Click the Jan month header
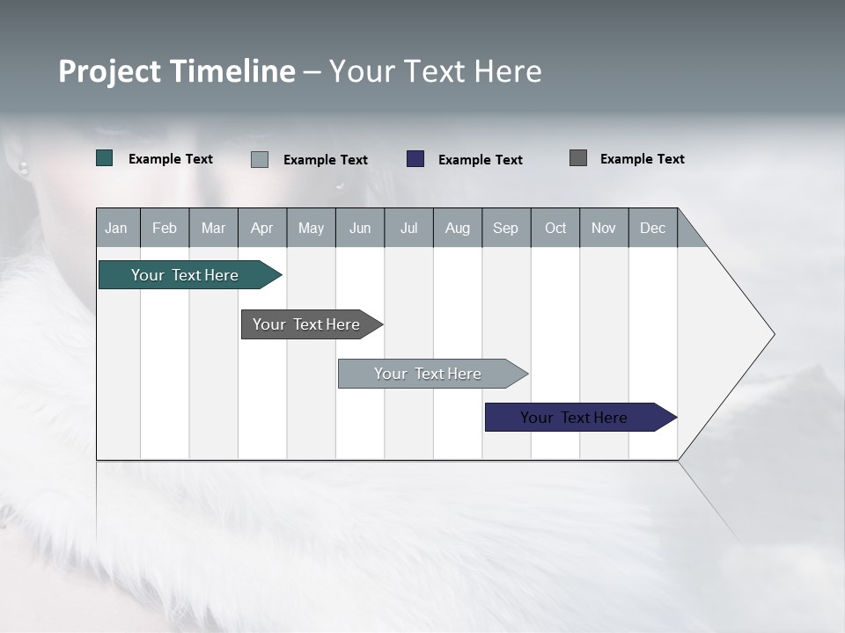coord(117,228)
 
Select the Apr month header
coord(262,228)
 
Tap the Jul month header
coord(408,228)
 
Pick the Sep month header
coord(506,228)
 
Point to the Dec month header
coord(652,228)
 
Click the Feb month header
coord(165,228)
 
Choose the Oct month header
coord(555,228)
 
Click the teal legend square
coord(105,158)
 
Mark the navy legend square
coord(415,159)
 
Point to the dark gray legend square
coord(578,158)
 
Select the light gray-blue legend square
coord(260,159)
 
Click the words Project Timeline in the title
coord(177,71)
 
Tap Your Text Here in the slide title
coord(436,71)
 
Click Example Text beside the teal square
coord(171,159)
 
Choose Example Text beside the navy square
coord(481,160)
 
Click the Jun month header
coord(360,228)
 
